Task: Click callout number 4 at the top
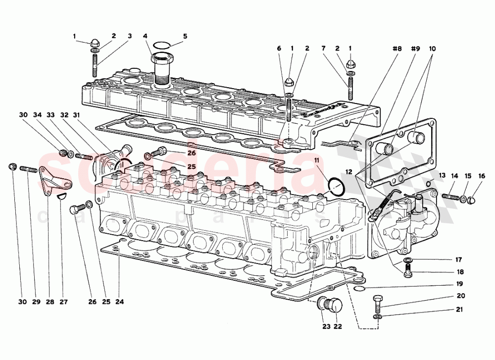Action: [145, 36]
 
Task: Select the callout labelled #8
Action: [396, 49]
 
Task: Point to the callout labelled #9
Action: [415, 49]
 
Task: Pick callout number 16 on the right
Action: [482, 176]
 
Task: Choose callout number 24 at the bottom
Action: [119, 302]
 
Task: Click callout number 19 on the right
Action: [459, 284]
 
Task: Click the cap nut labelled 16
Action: [472, 200]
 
